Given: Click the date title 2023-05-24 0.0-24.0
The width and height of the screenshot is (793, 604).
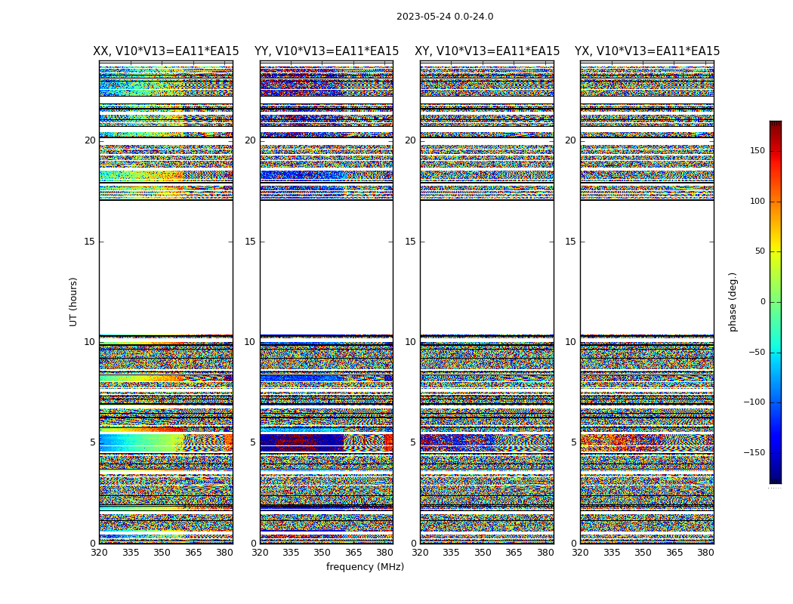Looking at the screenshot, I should click(445, 17).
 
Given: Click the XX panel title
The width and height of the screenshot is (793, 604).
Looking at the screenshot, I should click(166, 51).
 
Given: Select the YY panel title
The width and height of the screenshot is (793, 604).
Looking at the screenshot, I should click(326, 51).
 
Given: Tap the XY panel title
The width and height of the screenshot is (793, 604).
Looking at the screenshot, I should click(487, 51).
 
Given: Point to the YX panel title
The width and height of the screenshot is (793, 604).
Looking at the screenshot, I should click(647, 51).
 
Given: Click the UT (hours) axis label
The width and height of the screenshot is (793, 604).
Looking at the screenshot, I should click(73, 301).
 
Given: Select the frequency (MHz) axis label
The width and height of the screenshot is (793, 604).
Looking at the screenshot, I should click(365, 567).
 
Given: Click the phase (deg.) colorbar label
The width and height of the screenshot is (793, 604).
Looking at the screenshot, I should click(733, 301).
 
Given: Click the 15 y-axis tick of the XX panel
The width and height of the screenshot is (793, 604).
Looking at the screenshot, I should click(90, 242).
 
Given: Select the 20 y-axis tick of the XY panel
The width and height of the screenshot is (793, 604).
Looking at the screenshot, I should click(410, 140).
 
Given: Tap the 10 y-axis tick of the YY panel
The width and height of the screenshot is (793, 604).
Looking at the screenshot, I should click(250, 342).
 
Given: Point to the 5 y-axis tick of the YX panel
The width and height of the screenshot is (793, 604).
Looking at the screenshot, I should click(573, 442).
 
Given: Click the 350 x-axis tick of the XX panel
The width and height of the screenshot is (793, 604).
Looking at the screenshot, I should click(162, 553).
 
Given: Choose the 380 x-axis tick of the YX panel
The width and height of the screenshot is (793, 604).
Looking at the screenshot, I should click(705, 553).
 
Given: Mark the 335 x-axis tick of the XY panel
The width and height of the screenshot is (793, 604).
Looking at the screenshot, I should click(451, 553).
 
